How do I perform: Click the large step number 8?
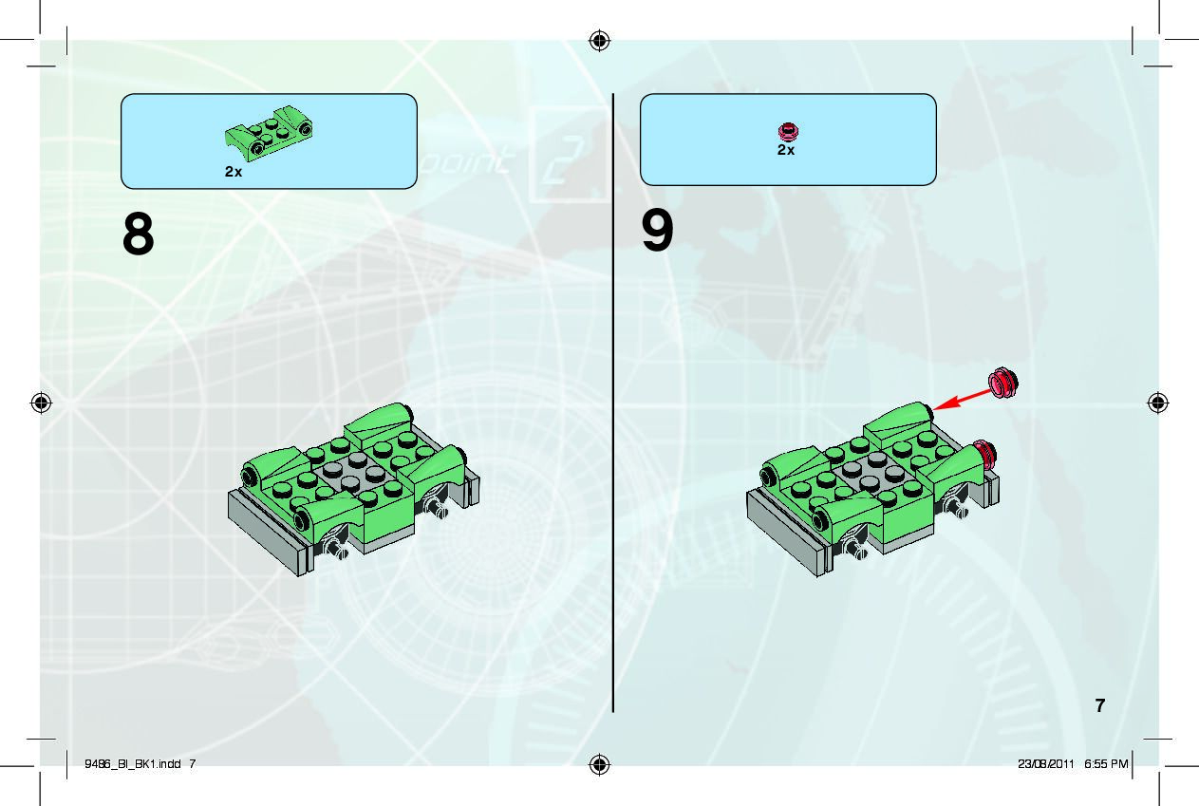click(x=138, y=233)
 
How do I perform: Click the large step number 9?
click(x=657, y=230)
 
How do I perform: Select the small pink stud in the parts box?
click(x=788, y=131)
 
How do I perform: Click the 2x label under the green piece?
click(x=234, y=172)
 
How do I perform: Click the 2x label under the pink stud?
click(x=786, y=150)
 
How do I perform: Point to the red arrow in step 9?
click(x=962, y=401)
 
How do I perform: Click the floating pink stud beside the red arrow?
click(x=1003, y=383)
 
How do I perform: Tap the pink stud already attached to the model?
click(x=984, y=455)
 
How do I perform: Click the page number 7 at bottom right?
click(x=1100, y=705)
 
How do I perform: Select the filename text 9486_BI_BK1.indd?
click(x=133, y=763)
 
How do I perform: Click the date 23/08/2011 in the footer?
click(x=1046, y=763)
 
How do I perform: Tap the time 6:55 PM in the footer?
click(x=1106, y=763)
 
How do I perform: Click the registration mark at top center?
click(x=600, y=41)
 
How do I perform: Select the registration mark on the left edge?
click(x=41, y=403)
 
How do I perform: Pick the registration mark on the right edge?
click(x=1158, y=403)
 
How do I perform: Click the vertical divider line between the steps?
click(x=613, y=403)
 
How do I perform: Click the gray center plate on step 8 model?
click(x=350, y=473)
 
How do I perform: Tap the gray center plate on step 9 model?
click(x=870, y=472)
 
